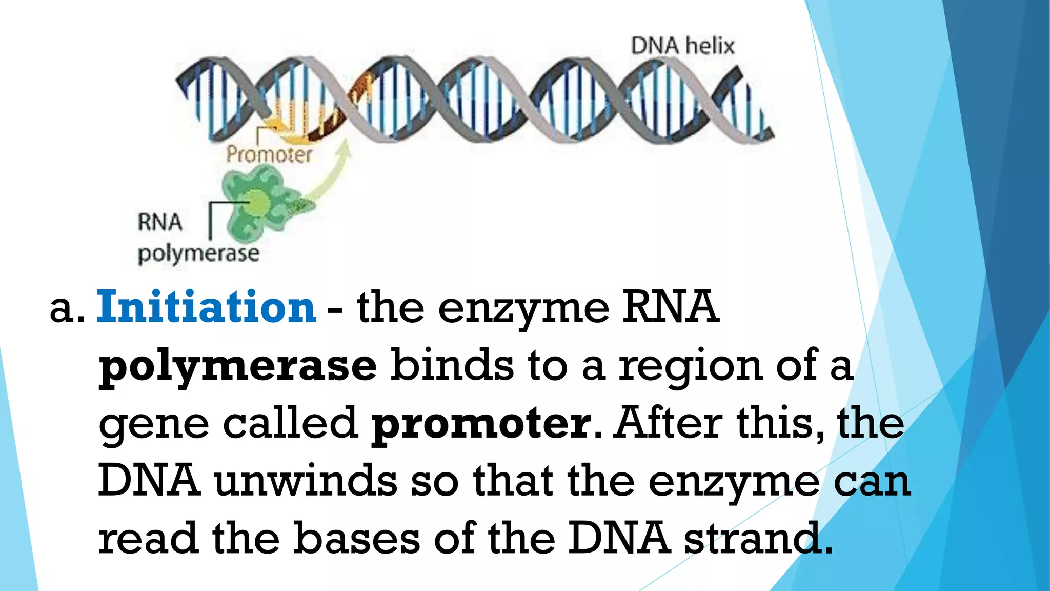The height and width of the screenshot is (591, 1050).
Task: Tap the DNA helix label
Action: pos(682,46)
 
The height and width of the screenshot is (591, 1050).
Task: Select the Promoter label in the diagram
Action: pos(269,154)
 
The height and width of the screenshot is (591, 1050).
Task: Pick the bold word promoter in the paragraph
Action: pos(481,424)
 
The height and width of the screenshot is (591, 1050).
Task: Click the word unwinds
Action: pos(306,481)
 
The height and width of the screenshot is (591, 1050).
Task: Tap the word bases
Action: pos(357,538)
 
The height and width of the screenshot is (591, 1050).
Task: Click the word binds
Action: pos(452,365)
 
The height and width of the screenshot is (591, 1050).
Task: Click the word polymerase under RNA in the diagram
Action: pos(198,254)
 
